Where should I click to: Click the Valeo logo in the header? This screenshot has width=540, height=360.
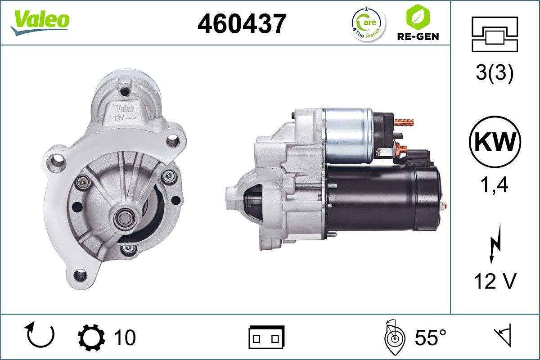pyautogui.click(x=40, y=21)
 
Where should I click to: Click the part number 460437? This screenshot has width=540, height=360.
pyautogui.click(x=242, y=24)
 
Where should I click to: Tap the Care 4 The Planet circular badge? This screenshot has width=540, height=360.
pyautogui.click(x=368, y=23)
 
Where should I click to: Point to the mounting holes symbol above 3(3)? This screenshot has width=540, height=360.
pyautogui.click(x=495, y=34)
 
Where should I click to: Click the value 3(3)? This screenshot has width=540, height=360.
pyautogui.click(x=495, y=74)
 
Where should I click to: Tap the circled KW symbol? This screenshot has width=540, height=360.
pyautogui.click(x=495, y=142)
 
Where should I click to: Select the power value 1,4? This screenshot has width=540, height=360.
pyautogui.click(x=495, y=184)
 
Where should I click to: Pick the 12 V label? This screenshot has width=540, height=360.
pyautogui.click(x=495, y=282)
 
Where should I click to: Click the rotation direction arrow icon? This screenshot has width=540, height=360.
pyautogui.click(x=40, y=336)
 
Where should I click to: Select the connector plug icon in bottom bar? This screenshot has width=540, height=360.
pyautogui.click(x=266, y=337)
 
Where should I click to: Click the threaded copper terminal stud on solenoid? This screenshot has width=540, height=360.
pyautogui.click(x=404, y=122)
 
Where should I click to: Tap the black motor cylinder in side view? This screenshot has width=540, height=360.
pyautogui.click(x=382, y=198)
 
